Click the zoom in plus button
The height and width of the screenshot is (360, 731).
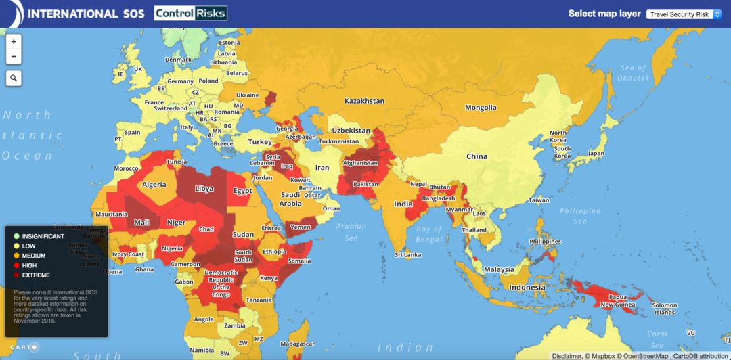[14, 41]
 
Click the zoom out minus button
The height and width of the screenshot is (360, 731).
[14, 56]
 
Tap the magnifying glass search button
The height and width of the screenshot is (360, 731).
[14, 78]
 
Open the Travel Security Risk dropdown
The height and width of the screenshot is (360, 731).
[684, 14]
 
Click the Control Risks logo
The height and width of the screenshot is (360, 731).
[190, 13]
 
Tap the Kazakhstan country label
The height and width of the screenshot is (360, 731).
[364, 101]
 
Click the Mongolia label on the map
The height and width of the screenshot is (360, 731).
[481, 108]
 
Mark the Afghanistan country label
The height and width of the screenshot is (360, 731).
[360, 163]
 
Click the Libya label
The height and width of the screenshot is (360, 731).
[204, 189]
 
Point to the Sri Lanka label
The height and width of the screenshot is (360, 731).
[409, 255]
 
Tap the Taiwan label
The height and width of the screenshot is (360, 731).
[539, 200]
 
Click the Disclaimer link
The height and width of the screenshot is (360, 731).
[567, 355]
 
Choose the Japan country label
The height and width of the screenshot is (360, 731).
[596, 153]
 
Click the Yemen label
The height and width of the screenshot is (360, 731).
[300, 227]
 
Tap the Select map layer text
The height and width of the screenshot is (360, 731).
[604, 14]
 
